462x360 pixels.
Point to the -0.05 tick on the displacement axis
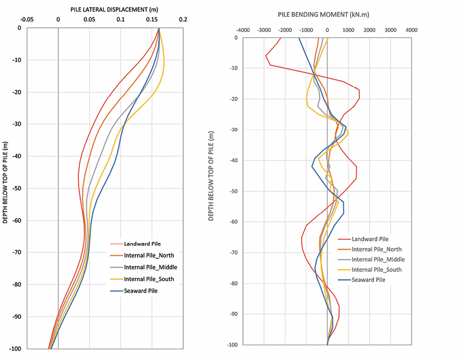[27, 20]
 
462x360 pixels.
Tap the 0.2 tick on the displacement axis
[183, 20]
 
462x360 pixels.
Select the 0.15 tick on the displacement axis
[152, 20]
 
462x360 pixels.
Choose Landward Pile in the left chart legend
[142, 244]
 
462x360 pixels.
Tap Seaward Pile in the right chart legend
[369, 280]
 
